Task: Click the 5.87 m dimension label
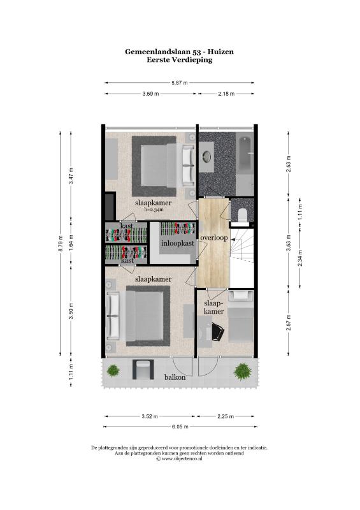[180, 83]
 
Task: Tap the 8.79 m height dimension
[61, 244]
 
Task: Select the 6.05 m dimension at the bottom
[180, 426]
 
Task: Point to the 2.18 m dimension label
[226, 94]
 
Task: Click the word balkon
[175, 377]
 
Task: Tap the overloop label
[214, 238]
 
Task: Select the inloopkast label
[178, 244]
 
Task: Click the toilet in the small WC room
[243, 215]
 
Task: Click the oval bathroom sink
[206, 157]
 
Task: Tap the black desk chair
[218, 331]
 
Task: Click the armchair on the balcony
[143, 370]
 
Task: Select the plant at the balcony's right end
[243, 372]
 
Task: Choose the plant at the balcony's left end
[113, 370]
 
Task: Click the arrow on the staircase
[238, 238]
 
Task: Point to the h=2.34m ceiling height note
[154, 210]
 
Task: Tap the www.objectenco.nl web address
[182, 458]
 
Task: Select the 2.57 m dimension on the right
[288, 323]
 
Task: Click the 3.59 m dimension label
[150, 94]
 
